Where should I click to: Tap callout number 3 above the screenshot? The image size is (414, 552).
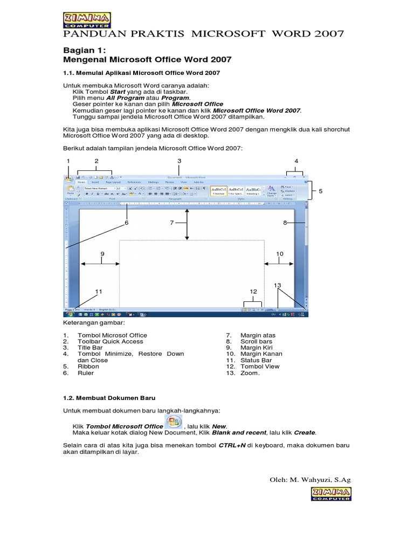tap(179, 161)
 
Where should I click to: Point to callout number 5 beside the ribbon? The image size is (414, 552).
tap(320, 191)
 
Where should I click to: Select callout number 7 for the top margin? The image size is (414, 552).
tap(172, 223)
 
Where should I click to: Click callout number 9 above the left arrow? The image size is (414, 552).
tap(101, 253)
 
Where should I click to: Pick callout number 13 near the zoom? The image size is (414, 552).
tap(278, 285)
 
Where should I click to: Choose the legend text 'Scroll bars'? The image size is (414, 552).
tap(257, 341)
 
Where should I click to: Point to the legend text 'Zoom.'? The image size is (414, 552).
tap(250, 372)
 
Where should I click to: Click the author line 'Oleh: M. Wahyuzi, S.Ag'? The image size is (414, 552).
tap(309, 479)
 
